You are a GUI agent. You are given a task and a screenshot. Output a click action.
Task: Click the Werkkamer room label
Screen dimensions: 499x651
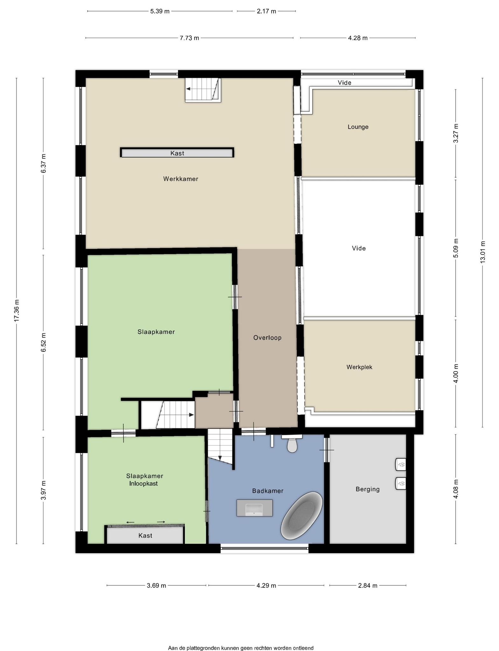coord(181,179)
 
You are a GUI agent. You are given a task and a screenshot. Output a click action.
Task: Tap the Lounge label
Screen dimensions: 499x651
coord(358,127)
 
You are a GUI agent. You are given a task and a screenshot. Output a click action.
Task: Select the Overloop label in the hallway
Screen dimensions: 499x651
coord(267,338)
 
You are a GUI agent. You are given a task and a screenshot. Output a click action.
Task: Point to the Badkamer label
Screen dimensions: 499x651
coord(268,491)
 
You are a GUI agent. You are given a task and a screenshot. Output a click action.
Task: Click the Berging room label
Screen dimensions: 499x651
coord(368,489)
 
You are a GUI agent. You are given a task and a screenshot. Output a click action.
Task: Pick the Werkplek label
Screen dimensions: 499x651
coord(359,367)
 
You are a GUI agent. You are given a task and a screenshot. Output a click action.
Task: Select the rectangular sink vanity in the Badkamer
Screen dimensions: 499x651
coord(255,508)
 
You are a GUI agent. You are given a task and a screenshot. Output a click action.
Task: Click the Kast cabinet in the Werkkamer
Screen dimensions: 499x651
coord(177,153)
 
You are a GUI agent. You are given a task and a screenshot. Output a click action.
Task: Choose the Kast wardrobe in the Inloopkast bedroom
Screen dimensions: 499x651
coord(145,535)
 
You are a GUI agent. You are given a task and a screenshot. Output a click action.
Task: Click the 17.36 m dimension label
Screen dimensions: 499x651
coord(17,311)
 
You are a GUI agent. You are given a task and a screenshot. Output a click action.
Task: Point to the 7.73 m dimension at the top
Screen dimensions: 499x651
coord(189,38)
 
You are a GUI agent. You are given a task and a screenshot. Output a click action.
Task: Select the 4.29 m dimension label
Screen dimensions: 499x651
coord(266,586)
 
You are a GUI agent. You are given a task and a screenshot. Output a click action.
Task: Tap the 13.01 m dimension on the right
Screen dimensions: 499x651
coord(483,252)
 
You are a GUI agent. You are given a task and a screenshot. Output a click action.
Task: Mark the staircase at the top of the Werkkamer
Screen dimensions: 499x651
coord(203,90)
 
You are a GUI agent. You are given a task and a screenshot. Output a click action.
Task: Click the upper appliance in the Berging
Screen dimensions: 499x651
coord(400,464)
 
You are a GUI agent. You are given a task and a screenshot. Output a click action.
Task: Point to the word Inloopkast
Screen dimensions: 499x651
coord(144,484)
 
